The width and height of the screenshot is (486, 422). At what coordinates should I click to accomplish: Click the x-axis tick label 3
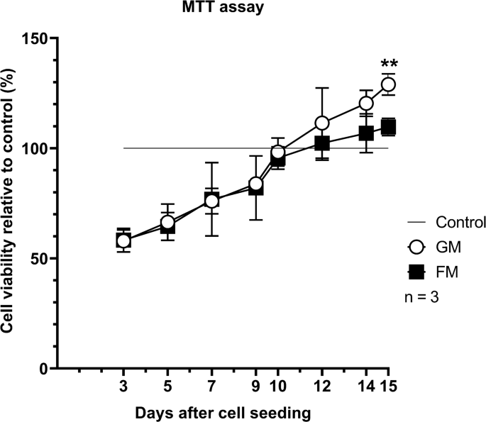pyautogui.click(x=123, y=388)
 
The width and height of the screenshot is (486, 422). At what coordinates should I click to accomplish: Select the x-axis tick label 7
pyautogui.click(x=211, y=388)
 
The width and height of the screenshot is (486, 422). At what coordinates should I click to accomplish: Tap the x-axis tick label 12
pyautogui.click(x=322, y=388)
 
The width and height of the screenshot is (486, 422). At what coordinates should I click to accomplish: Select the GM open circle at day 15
pyautogui.click(x=388, y=84)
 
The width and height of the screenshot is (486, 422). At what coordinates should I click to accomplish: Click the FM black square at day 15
pyautogui.click(x=388, y=127)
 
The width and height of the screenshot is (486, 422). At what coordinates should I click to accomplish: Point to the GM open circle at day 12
pyautogui.click(x=322, y=123)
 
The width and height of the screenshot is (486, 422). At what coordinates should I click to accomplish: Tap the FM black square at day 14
pyautogui.click(x=366, y=133)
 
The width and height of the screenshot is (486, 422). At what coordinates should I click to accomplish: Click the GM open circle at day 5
pyautogui.click(x=167, y=223)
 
